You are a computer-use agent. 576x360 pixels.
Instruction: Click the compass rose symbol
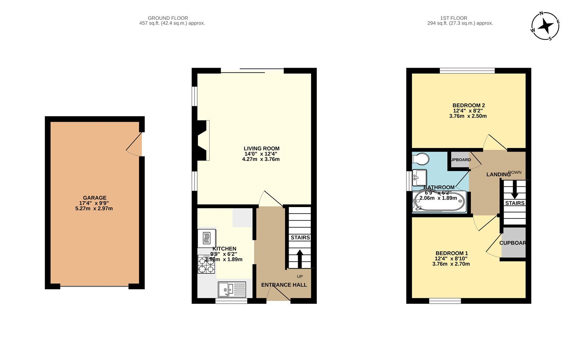coord(545,26)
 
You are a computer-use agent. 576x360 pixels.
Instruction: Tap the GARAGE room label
coord(95,198)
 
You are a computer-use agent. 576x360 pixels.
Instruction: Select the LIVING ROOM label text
coord(261,148)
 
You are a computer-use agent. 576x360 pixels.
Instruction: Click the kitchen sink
coord(232,289)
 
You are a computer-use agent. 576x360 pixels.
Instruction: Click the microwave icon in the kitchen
coord(207,238)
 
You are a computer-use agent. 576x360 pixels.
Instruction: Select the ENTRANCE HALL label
coord(284,285)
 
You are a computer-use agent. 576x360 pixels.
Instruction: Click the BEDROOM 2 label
coord(468,105)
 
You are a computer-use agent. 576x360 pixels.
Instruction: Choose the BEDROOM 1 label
coord(451,253)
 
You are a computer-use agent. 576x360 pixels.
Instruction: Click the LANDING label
coord(498,175)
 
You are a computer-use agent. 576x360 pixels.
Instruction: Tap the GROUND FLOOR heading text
coord(168,18)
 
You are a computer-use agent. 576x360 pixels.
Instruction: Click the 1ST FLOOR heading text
coord(454,18)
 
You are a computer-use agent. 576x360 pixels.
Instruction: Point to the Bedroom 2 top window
coord(467,71)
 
